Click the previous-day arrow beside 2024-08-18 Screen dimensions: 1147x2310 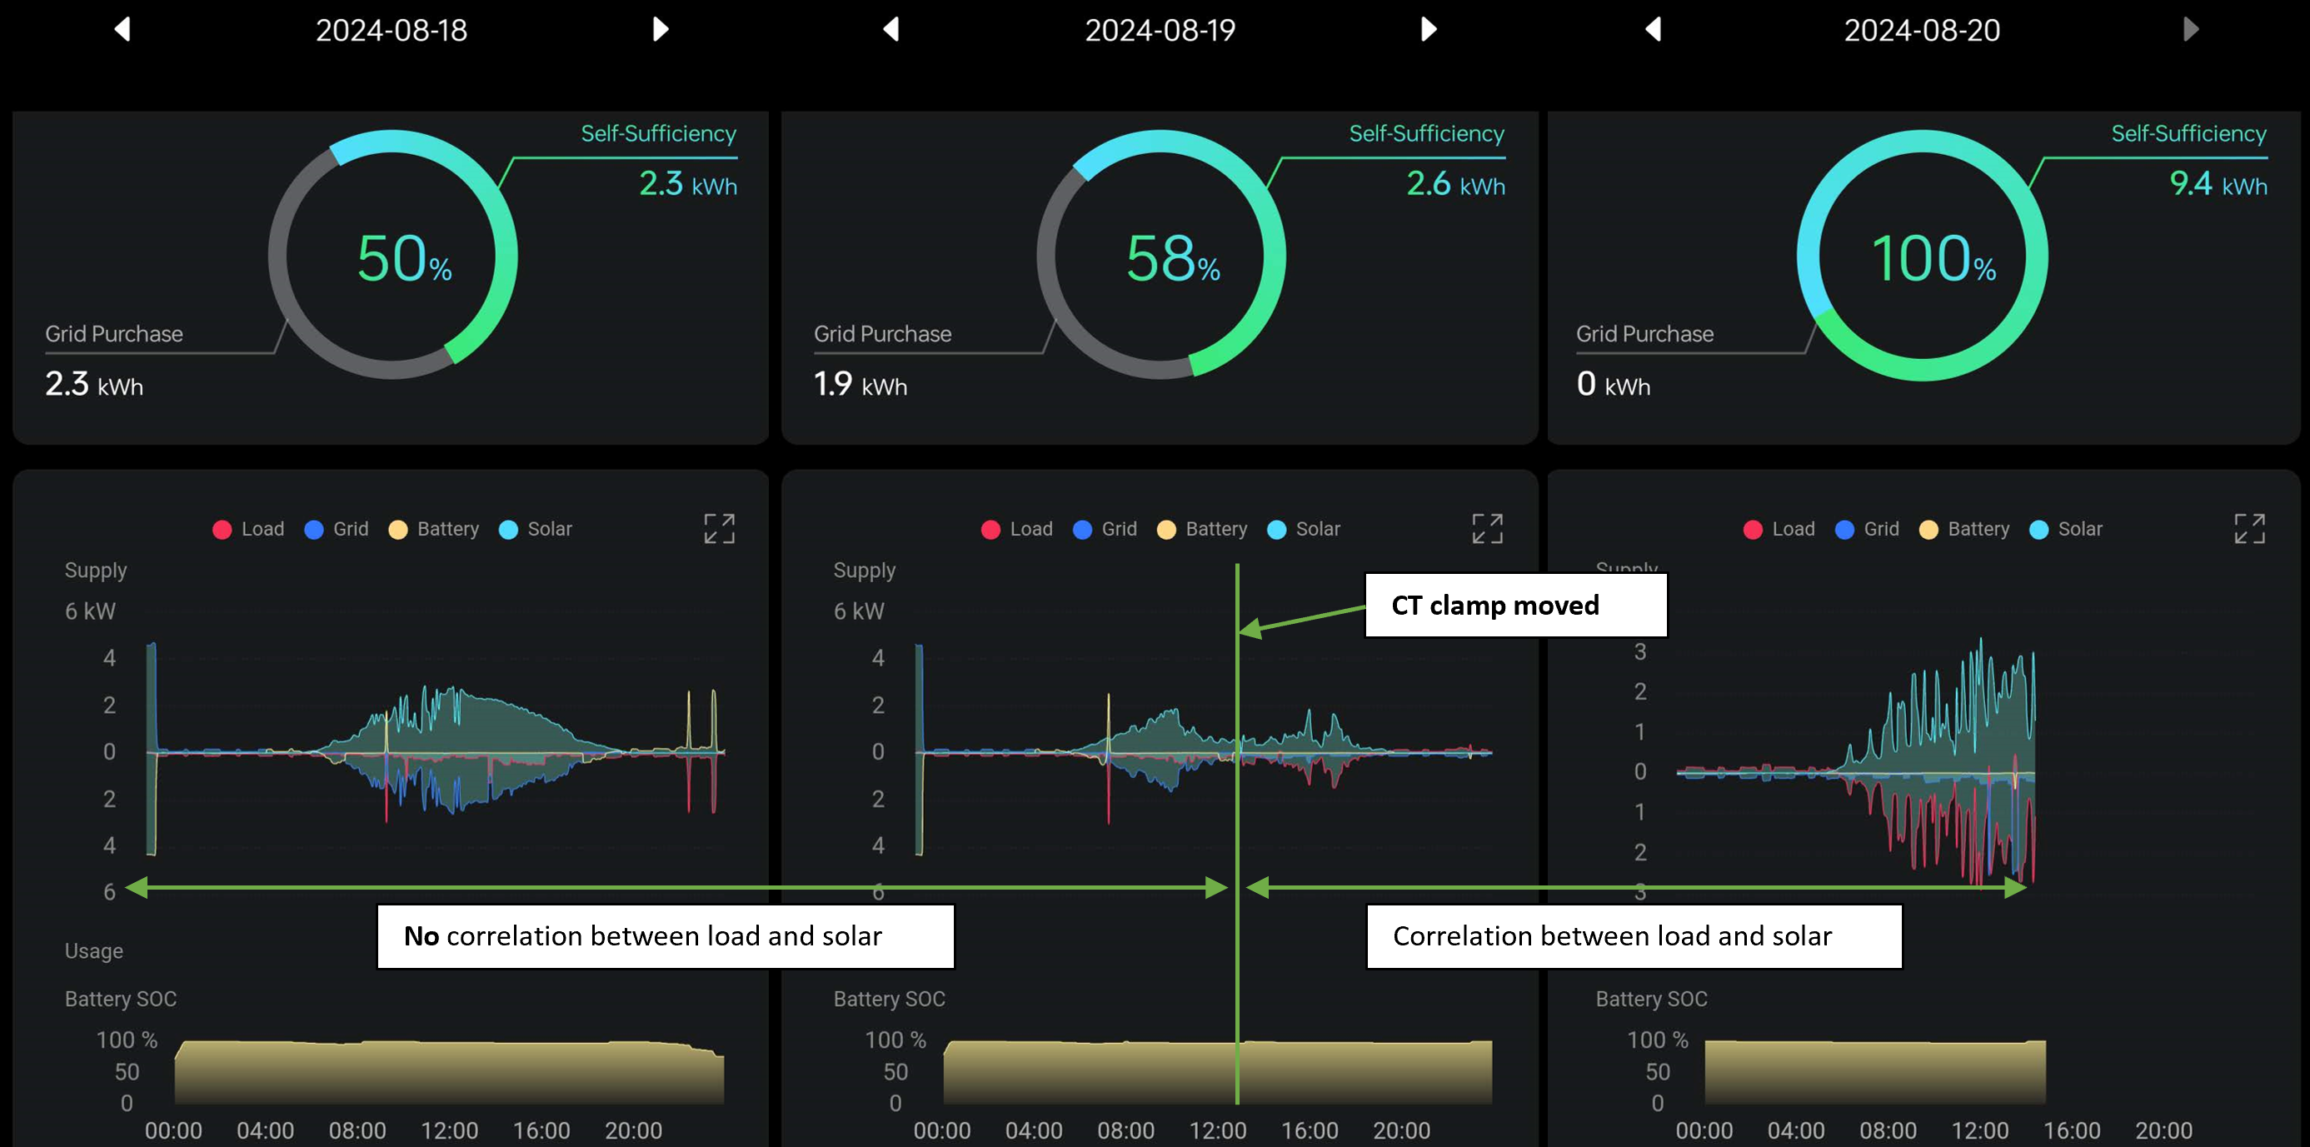tap(122, 30)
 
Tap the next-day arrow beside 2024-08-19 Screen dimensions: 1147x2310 tap(1429, 30)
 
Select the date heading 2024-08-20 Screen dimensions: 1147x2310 tap(1922, 31)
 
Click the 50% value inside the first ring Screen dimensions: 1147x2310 tap(403, 259)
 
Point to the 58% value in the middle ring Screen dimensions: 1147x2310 tap(1172, 259)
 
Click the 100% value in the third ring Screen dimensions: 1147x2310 tap(1933, 259)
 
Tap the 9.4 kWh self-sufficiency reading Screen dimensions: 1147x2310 tap(2218, 185)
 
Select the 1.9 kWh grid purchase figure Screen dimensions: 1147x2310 tap(860, 385)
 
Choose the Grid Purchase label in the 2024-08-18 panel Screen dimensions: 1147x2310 tap(114, 334)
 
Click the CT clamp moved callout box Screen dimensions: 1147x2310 tap(1514, 606)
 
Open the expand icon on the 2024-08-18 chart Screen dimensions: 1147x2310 tap(719, 529)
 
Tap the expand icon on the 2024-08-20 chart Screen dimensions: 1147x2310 tap(2249, 529)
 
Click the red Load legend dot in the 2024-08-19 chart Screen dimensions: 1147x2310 tap(991, 530)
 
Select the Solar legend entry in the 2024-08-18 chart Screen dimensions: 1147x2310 tap(536, 529)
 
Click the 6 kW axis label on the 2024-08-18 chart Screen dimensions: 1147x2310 tap(90, 611)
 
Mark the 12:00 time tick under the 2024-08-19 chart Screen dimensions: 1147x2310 tap(1217, 1130)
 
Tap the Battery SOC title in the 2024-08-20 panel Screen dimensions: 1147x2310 tap(1651, 999)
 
